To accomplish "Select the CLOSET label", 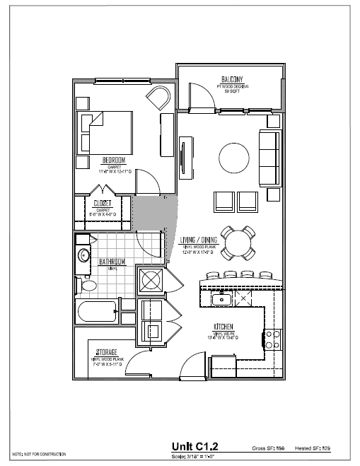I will (103, 203).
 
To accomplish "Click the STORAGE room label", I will (106, 351).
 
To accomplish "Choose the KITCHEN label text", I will (224, 327).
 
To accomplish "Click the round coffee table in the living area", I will (233, 156).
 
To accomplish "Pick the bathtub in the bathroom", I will (95, 311).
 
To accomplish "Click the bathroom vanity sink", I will (83, 255).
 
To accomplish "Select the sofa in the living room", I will (269, 156).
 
